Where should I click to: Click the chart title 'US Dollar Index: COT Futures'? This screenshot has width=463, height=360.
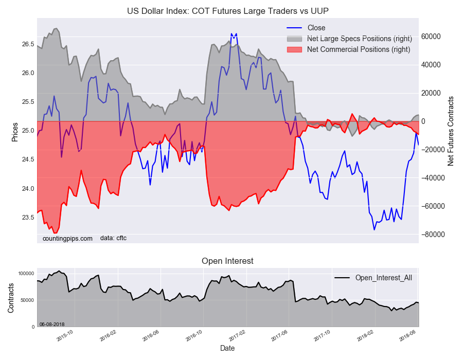pyautogui.click(x=228, y=11)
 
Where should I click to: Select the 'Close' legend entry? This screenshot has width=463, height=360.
pyautogui.click(x=316, y=28)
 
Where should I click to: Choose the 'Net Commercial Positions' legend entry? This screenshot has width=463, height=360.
pyautogui.click(x=358, y=49)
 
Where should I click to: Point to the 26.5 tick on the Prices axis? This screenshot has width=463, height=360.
pyautogui.click(x=28, y=44)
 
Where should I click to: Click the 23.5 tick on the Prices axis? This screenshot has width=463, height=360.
pyautogui.click(x=28, y=218)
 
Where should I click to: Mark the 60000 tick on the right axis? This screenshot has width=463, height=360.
pyautogui.click(x=432, y=37)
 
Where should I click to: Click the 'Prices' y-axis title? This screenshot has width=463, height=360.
pyautogui.click(x=14, y=132)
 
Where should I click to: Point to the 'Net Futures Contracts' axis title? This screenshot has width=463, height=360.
pyautogui.click(x=451, y=131)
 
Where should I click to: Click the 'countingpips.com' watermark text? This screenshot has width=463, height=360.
pyautogui.click(x=67, y=238)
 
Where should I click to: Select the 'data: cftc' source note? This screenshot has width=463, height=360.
pyautogui.click(x=113, y=238)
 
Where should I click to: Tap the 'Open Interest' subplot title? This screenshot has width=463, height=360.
pyautogui.click(x=227, y=261)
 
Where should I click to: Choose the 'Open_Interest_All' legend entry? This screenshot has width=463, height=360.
pyautogui.click(x=383, y=278)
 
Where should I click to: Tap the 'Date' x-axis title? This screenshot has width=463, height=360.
pyautogui.click(x=227, y=348)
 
